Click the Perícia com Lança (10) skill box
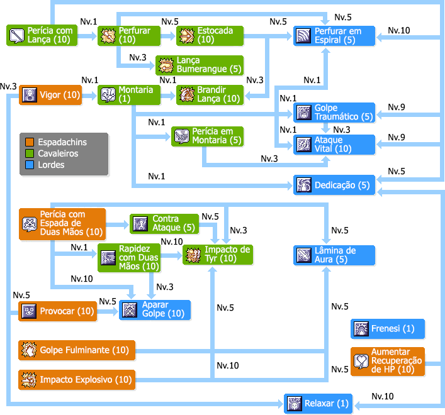tap(42, 35)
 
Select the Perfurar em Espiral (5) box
tap(334, 35)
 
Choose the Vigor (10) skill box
tap(50, 95)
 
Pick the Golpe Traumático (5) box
tap(334, 113)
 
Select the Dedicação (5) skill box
tap(334, 185)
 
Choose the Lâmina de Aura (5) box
tap(334, 255)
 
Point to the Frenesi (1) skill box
tap(388, 329)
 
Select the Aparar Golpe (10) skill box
tap(154, 310)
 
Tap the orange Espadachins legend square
tap(30, 142)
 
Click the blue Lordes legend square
tap(30, 165)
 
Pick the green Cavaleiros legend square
tap(30, 153)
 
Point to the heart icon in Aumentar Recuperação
tap(361, 362)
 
